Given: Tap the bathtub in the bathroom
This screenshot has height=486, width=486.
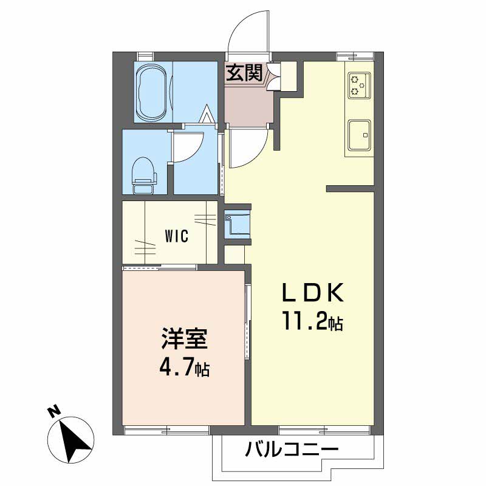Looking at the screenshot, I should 152,94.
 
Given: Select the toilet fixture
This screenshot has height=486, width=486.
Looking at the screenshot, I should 144,173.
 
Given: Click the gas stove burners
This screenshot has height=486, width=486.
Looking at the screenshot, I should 358,85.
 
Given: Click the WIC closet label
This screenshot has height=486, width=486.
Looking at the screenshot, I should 177,236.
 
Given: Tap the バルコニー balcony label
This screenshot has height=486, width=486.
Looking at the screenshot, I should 291,451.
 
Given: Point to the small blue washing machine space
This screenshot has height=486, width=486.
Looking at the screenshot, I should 236,224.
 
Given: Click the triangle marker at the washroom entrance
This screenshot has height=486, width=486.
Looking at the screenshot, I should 207,114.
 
